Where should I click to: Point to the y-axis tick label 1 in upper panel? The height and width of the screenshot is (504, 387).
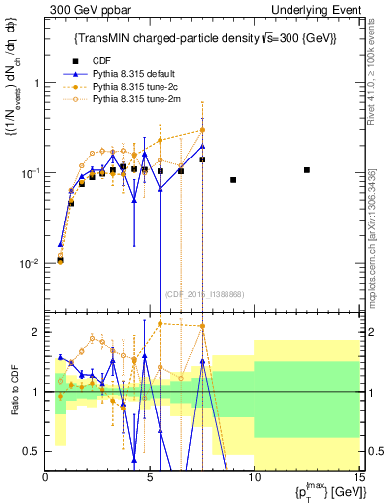(36, 83)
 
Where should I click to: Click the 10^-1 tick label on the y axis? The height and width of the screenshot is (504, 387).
(32, 173)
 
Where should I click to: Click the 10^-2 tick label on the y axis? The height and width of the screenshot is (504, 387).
(32, 264)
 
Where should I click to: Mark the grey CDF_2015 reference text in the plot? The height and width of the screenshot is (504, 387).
(202, 294)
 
